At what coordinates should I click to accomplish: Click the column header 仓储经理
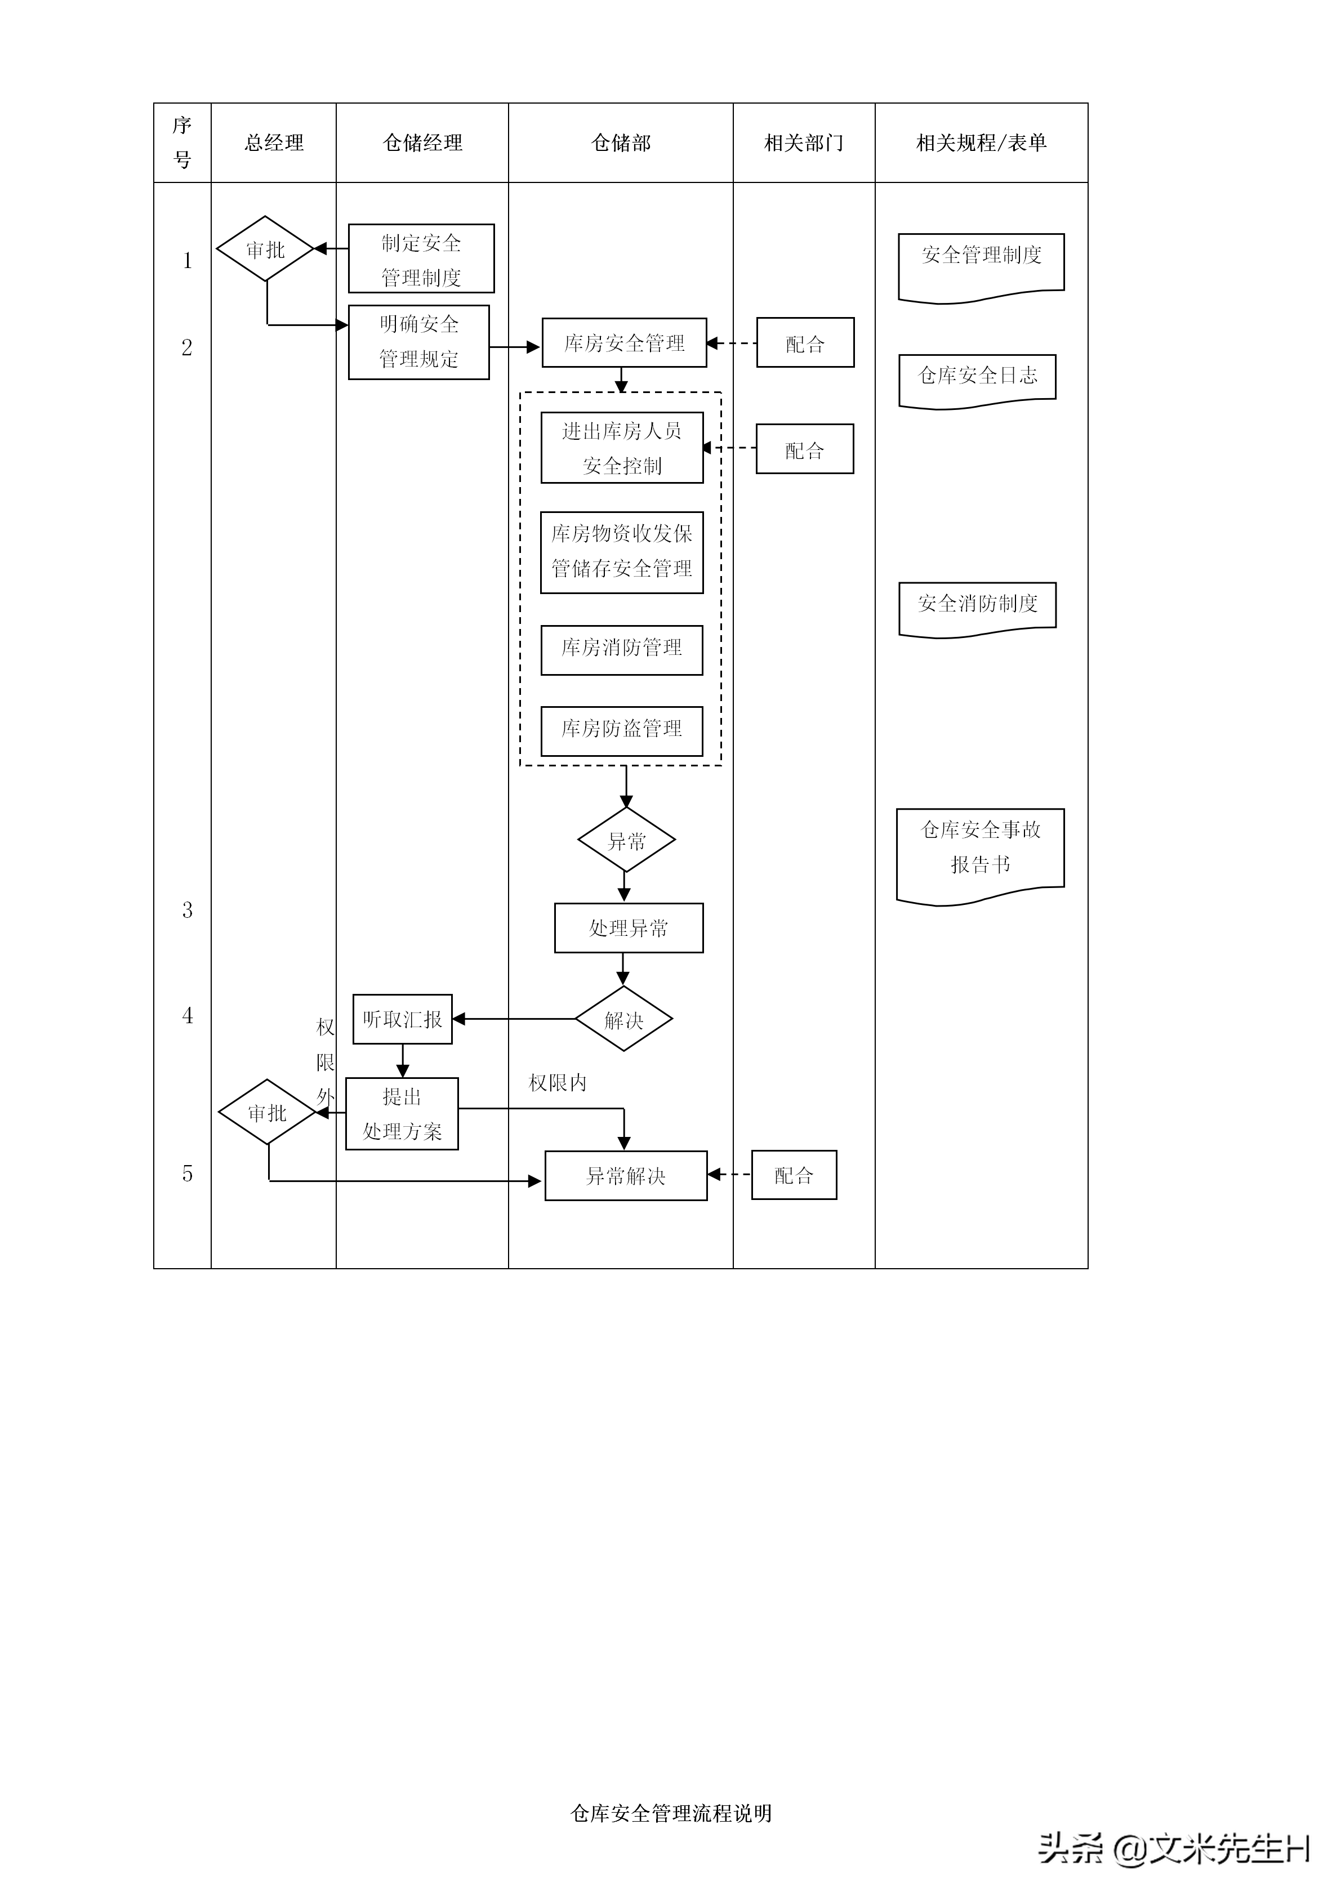coord(422,143)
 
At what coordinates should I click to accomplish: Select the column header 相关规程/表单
coord(981,143)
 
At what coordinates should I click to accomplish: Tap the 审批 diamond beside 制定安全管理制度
coord(265,248)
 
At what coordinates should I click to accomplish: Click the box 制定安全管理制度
coord(421,258)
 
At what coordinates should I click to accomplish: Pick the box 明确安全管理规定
coord(418,342)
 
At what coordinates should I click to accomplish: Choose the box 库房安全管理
coord(624,343)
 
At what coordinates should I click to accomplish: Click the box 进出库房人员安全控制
coord(622,448)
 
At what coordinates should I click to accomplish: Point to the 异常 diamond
coord(626,841)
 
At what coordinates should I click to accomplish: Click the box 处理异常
coord(629,928)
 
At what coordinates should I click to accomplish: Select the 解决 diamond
coord(623,1019)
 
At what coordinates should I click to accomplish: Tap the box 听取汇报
coord(402,1019)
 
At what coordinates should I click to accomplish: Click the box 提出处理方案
coord(402,1114)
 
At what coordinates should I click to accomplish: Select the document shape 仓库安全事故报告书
coord(980,850)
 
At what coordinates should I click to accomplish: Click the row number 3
coord(188,910)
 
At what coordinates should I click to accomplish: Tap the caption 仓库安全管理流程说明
coord(670,1813)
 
